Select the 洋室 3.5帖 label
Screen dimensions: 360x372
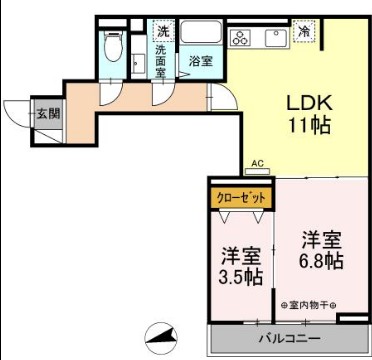(241, 266)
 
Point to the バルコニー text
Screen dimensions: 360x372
(289, 339)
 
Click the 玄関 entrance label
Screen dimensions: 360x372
(47, 112)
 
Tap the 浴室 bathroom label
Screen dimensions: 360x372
(201, 61)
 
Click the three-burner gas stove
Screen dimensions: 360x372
(242, 38)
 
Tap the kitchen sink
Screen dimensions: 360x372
(274, 37)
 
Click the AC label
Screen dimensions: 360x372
(256, 162)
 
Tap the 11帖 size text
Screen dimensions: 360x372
(310, 125)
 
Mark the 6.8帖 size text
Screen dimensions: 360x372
(322, 261)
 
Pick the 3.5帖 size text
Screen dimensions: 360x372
(241, 277)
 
